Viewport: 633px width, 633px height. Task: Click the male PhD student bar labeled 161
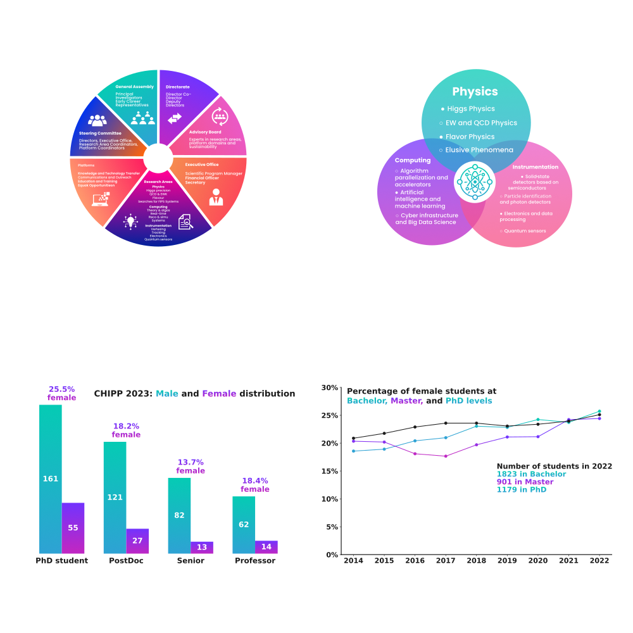[x=51, y=479]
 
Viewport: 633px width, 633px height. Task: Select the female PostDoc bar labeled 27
[x=137, y=541]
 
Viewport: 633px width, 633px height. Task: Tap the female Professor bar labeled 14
[x=266, y=547]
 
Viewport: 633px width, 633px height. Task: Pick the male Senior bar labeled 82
[x=179, y=515]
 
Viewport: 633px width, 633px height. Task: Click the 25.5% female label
[x=61, y=393]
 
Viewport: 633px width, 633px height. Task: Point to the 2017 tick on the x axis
[x=446, y=561]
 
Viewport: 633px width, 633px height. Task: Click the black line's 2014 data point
[x=353, y=438]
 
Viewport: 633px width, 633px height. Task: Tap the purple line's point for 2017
[x=446, y=456]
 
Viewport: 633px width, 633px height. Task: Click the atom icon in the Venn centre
[x=475, y=182]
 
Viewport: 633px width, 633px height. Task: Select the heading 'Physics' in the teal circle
[x=475, y=92]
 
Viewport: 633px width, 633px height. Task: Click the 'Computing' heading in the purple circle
[x=413, y=160]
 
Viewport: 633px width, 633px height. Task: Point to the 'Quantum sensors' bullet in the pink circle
[x=525, y=230]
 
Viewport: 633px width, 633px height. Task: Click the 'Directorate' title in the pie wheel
[x=178, y=87]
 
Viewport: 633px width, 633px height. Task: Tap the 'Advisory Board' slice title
[x=205, y=132]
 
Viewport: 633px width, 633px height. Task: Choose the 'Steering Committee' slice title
[x=100, y=133]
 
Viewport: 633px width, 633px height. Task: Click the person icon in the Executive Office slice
[x=216, y=196]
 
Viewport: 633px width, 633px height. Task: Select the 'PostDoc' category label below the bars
[x=126, y=561]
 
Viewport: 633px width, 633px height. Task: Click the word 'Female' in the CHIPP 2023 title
[x=219, y=394]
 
